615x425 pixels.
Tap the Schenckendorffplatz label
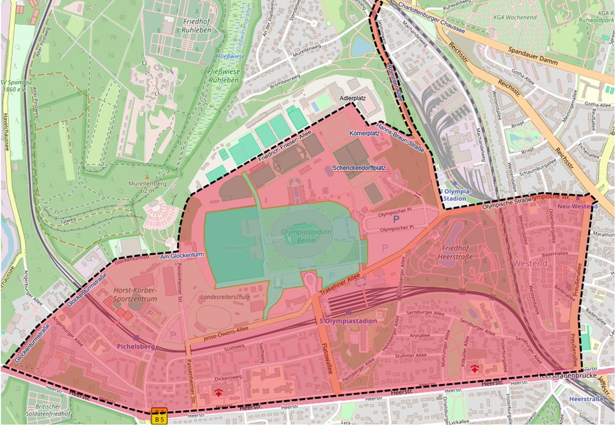tap(359, 168)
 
